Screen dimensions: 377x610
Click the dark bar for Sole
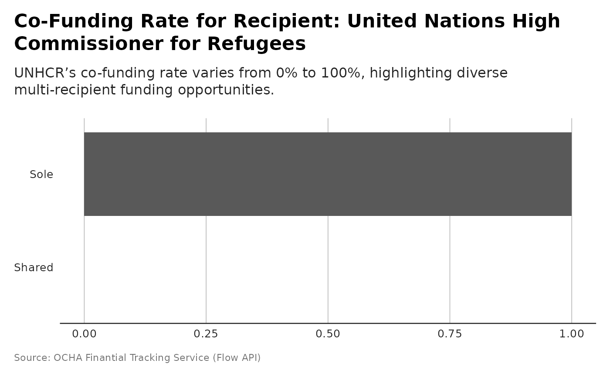[x=328, y=174]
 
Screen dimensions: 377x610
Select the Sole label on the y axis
[x=41, y=175]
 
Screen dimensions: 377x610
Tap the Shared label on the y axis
[x=34, y=268]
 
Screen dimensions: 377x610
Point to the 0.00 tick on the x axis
[x=84, y=334]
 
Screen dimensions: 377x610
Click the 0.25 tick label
[x=206, y=334]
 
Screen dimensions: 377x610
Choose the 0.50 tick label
[x=328, y=334]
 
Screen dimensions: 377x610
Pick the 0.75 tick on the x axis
[x=450, y=334]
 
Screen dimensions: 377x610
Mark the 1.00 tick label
[x=571, y=334]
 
